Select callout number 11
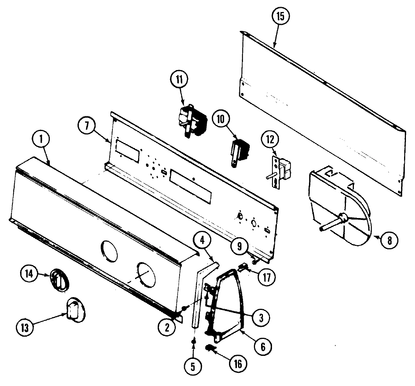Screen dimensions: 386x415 pyautogui.click(x=178, y=79)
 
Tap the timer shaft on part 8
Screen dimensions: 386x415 pyautogui.click(x=330, y=224)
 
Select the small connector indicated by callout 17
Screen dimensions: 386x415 pyautogui.click(x=243, y=268)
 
